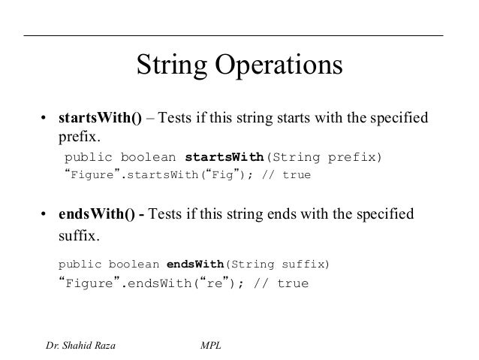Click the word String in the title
click(172, 65)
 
